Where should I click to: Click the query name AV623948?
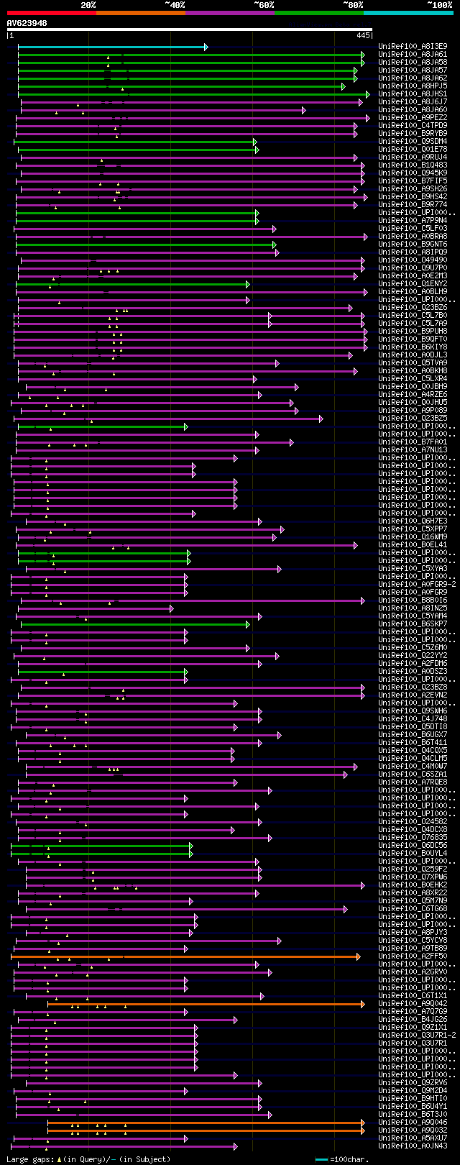(x=27, y=23)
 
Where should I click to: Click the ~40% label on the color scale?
(x=175, y=5)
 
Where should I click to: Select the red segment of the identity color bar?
(x=51, y=12)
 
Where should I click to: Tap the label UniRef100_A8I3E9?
(x=413, y=47)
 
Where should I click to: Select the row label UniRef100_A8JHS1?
(x=413, y=94)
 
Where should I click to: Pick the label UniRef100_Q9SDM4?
(x=413, y=142)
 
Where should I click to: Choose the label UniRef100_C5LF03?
(x=413, y=229)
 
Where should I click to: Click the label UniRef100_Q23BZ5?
(x=413, y=419)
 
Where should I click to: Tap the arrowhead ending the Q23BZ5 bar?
(x=321, y=419)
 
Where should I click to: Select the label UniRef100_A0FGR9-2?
(x=417, y=585)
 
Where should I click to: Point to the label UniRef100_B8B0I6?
(x=413, y=600)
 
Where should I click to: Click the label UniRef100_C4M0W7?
(x=413, y=767)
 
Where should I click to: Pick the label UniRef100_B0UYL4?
(x=413, y=854)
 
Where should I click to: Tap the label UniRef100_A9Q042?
(x=413, y=1004)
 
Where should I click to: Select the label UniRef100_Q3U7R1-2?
(x=417, y=1036)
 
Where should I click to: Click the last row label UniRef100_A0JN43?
(x=413, y=1146)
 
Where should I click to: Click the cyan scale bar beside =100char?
(x=321, y=1159)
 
